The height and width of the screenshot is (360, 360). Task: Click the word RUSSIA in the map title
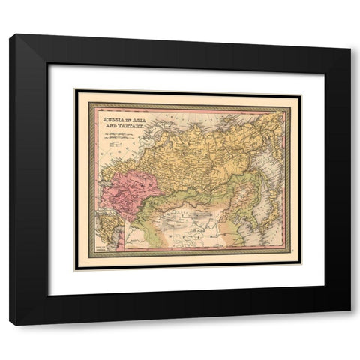tap(106, 117)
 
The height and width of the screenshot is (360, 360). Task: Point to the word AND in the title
tap(109, 124)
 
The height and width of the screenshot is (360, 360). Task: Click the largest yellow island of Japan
tap(259, 217)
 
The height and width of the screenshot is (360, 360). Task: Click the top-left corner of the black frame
tap(11, 36)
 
